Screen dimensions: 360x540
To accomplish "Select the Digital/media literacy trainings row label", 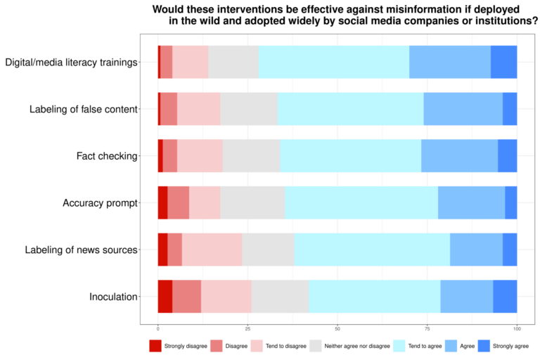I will click(x=71, y=63).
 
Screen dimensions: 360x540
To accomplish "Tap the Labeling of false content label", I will click(x=83, y=109).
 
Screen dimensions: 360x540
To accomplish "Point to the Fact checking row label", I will click(x=106, y=155).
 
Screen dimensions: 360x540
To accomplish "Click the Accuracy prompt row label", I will click(x=100, y=202).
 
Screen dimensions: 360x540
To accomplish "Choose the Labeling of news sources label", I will click(x=81, y=250).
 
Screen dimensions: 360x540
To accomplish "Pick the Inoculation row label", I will click(x=113, y=297).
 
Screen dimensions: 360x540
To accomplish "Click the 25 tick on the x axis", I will click(x=247, y=328).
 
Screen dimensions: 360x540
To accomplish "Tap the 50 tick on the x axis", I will click(x=337, y=328).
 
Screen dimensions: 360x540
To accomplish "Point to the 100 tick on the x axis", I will click(x=517, y=328).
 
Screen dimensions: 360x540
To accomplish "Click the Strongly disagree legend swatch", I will click(x=155, y=346).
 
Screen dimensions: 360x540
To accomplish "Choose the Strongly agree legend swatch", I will click(x=484, y=346).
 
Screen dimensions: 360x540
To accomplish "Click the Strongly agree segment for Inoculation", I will click(x=505, y=296).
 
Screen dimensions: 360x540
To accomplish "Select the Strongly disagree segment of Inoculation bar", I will click(x=165, y=296).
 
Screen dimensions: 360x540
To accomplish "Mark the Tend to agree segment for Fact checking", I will click(x=350, y=155).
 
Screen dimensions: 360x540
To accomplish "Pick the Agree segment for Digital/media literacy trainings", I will click(x=450, y=62).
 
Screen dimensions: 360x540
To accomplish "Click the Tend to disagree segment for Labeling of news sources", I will click(x=212, y=250).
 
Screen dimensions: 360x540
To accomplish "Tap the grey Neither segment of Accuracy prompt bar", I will click(x=252, y=202).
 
